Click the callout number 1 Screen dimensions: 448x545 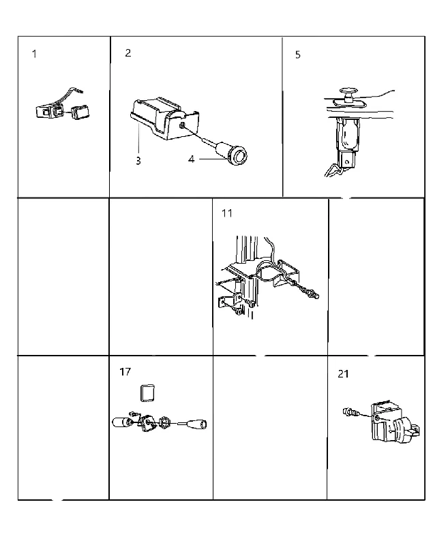pyautogui.click(x=34, y=54)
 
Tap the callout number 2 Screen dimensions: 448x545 pyautogui.click(x=128, y=53)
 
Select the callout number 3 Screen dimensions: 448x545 pyautogui.click(x=138, y=161)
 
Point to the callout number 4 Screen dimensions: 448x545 pyautogui.click(x=192, y=159)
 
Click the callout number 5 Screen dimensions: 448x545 pyautogui.click(x=298, y=54)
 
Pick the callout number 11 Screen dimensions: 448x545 pyautogui.click(x=227, y=213)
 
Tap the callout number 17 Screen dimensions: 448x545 pyautogui.click(x=125, y=371)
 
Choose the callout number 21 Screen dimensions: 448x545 pyautogui.click(x=343, y=373)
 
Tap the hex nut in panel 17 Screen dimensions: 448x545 pyautogui.click(x=164, y=423)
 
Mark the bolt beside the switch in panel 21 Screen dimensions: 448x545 pyautogui.click(x=350, y=412)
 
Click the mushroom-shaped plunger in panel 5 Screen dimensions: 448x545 pyautogui.click(x=349, y=93)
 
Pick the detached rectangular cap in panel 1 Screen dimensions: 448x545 pyautogui.click(x=80, y=112)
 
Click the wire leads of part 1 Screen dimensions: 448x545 pyautogui.click(x=72, y=95)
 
